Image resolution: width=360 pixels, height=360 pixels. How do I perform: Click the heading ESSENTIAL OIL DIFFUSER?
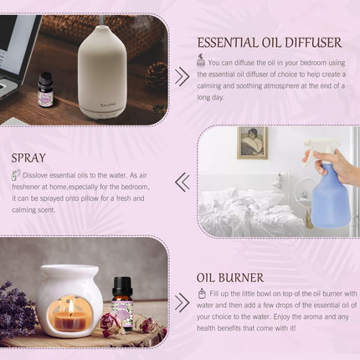pos(269,43)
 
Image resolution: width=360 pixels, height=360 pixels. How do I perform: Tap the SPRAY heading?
pos(28,157)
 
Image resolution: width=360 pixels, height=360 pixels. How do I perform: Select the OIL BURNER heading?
pos(229,276)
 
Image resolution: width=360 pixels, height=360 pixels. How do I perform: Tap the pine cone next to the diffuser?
pos(157,75)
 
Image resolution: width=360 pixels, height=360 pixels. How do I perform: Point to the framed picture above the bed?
pos(252,142)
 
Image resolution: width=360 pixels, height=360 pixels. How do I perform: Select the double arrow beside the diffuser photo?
pos(182,77)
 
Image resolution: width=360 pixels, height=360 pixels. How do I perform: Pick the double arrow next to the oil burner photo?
pos(182,295)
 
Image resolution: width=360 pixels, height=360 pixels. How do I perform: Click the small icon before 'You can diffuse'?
pos(201,61)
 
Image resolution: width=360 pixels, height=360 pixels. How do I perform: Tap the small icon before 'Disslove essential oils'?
pos(16,175)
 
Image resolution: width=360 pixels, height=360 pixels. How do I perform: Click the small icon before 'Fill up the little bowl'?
pos(202,294)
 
